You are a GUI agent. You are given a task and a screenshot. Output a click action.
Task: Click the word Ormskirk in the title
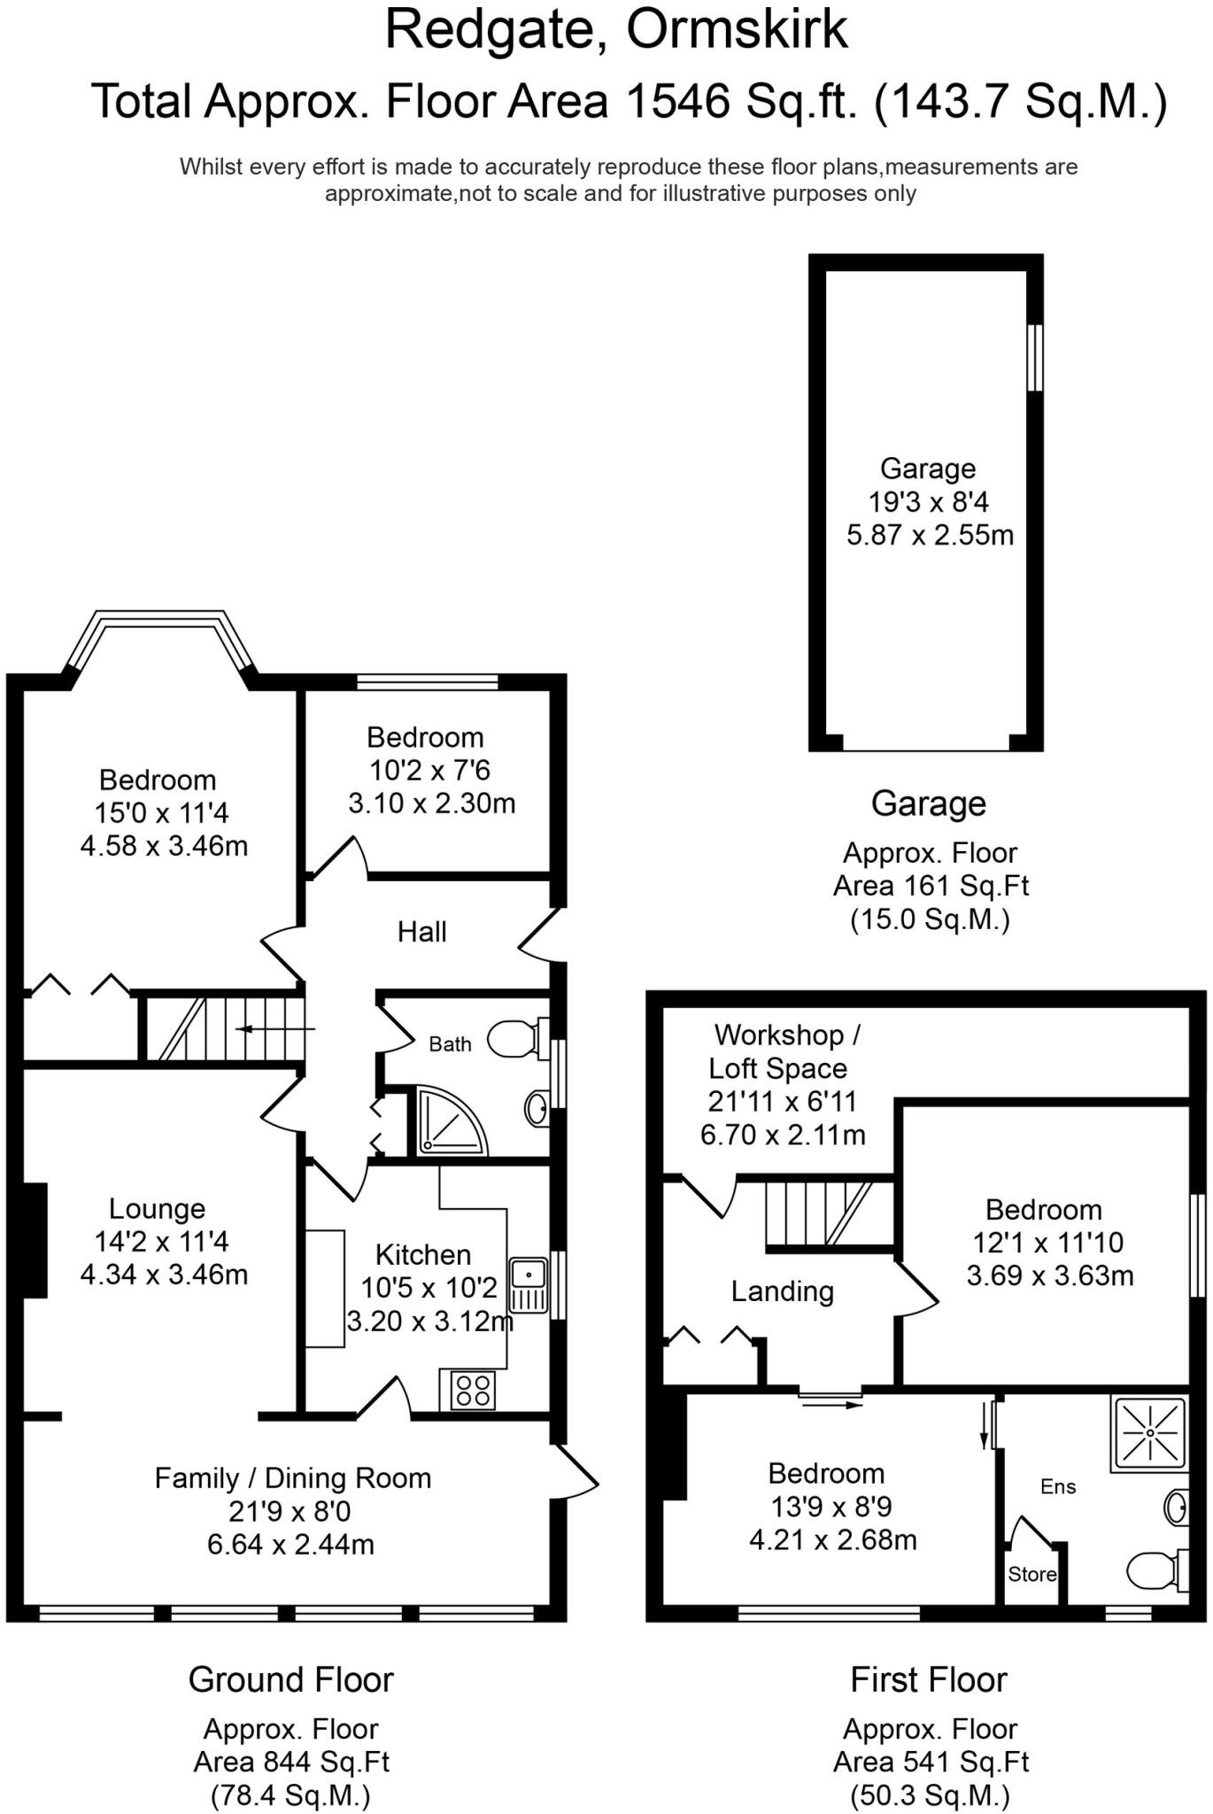[737, 30]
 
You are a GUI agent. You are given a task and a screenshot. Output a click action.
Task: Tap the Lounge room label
[157, 1208]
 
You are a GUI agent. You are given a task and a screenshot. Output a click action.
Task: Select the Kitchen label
[422, 1254]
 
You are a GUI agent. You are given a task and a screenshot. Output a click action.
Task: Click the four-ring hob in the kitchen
[473, 1389]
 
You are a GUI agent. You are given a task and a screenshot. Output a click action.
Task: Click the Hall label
[421, 932]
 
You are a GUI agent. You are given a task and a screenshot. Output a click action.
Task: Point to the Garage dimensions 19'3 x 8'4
[928, 502]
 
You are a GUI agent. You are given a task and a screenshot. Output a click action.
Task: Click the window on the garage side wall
[1034, 357]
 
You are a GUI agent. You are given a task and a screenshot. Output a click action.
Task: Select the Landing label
[782, 1291]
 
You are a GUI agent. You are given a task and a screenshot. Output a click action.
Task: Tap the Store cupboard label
[1031, 1574]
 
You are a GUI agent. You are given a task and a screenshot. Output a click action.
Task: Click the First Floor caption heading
[928, 1679]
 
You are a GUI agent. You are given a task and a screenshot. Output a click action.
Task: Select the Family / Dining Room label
[292, 1477]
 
